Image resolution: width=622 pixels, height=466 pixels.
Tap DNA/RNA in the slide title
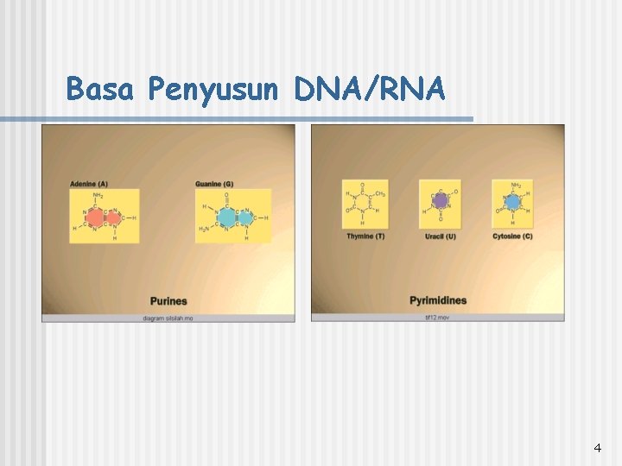(x=370, y=89)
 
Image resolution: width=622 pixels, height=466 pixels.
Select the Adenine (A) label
(x=89, y=184)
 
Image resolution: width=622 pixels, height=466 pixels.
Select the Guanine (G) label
(x=214, y=184)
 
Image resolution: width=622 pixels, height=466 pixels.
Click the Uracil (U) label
(x=440, y=236)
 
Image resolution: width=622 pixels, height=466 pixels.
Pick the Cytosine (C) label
(x=512, y=236)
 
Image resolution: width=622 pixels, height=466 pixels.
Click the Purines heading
(x=168, y=301)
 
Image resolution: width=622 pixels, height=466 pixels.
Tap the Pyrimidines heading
(x=438, y=300)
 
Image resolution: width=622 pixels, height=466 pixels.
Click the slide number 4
(x=597, y=448)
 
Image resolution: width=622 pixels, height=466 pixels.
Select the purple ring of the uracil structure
(x=440, y=202)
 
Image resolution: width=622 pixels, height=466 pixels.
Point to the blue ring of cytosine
(x=513, y=202)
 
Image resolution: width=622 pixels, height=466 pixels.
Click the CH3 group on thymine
(x=380, y=194)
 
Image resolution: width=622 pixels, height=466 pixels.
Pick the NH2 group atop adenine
(x=98, y=196)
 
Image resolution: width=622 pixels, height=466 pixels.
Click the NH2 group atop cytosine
(x=517, y=185)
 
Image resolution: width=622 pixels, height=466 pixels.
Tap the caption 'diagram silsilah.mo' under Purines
(x=168, y=318)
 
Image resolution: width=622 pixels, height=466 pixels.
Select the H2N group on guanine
(x=203, y=228)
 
